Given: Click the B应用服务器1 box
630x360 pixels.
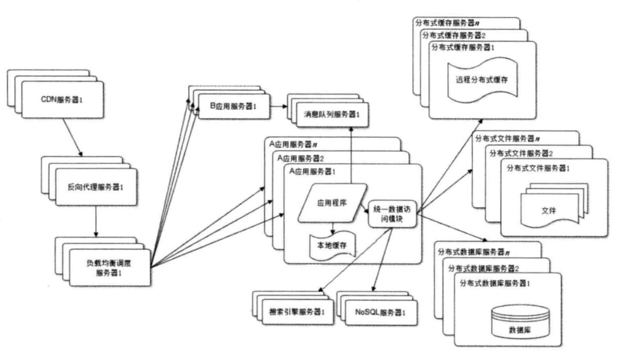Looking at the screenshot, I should pyautogui.click(x=233, y=107).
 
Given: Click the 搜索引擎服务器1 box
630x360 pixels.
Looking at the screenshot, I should pyautogui.click(x=297, y=312).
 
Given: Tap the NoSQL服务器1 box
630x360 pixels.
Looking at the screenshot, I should pyautogui.click(x=377, y=312).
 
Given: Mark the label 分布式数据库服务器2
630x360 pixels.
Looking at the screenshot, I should pyautogui.click(x=484, y=269).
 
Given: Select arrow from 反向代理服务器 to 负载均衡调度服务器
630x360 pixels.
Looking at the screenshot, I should pyautogui.click(x=96, y=220).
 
